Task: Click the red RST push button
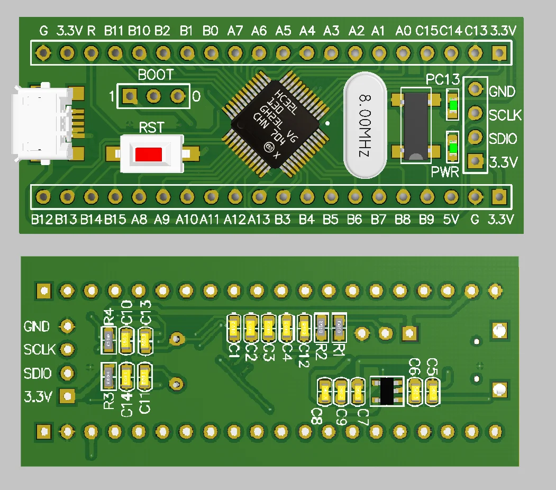pyautogui.click(x=149, y=155)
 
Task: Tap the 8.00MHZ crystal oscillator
pyautogui.click(x=365, y=125)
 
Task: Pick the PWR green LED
pyautogui.click(x=453, y=148)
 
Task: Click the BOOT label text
pyautogui.click(x=155, y=75)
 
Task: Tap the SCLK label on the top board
pyautogui.click(x=505, y=115)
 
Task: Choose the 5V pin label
pyautogui.click(x=450, y=219)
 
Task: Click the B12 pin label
pyautogui.click(x=42, y=219)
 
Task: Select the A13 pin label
pyautogui.click(x=259, y=219)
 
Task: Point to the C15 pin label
pyautogui.click(x=426, y=31)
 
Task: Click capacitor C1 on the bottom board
pyautogui.click(x=234, y=328)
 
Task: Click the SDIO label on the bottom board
pyautogui.click(x=38, y=374)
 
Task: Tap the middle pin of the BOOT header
pyautogui.click(x=154, y=96)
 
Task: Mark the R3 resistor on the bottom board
pyautogui.click(x=108, y=376)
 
